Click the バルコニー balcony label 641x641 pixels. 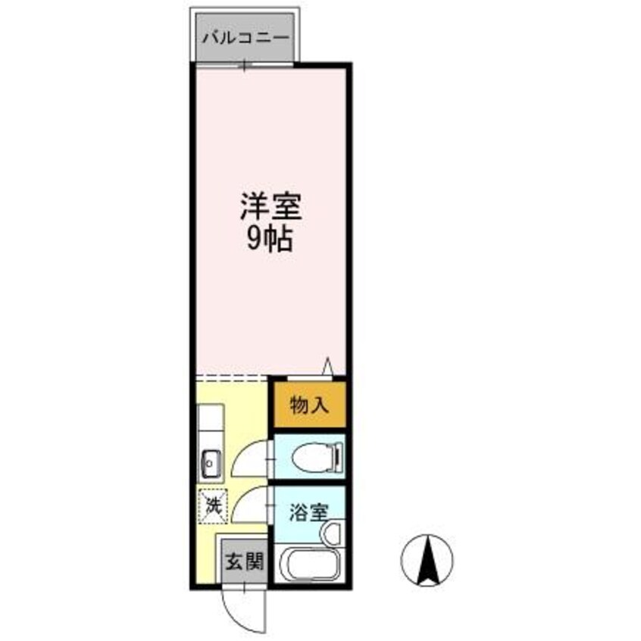pyautogui.click(x=245, y=39)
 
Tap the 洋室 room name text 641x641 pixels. pyautogui.click(x=270, y=207)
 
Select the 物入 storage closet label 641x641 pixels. pyautogui.click(x=309, y=405)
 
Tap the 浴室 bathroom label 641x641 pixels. pyautogui.click(x=309, y=513)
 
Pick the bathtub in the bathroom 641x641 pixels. pyautogui.click(x=309, y=565)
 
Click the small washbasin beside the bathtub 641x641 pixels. pyautogui.click(x=332, y=533)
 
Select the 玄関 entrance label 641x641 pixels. pyautogui.click(x=245, y=561)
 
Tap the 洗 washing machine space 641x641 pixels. pyautogui.click(x=213, y=506)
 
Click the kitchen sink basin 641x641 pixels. pyautogui.click(x=211, y=464)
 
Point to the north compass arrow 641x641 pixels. pyautogui.click(x=427, y=561)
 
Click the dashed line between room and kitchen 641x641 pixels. pyautogui.click(x=232, y=378)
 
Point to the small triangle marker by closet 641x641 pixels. pyautogui.click(x=327, y=366)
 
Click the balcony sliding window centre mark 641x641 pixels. pyautogui.click(x=245, y=65)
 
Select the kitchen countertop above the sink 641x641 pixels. pyautogui.click(x=211, y=425)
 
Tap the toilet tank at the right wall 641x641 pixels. pyautogui.click(x=339, y=456)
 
